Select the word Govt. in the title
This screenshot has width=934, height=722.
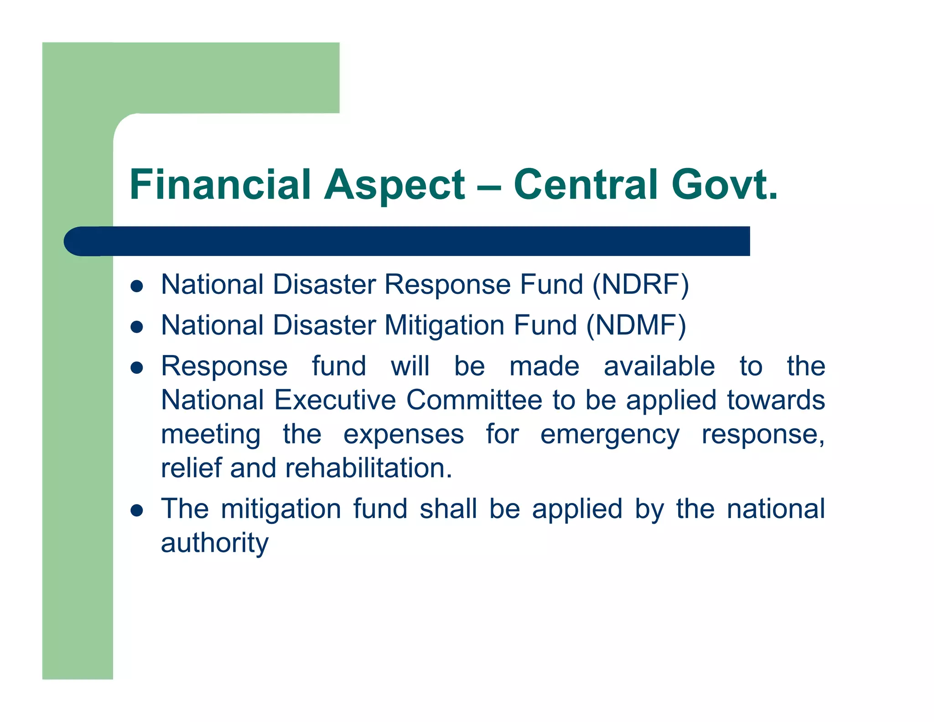pyautogui.click(x=724, y=185)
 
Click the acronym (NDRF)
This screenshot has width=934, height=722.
pyautogui.click(x=640, y=285)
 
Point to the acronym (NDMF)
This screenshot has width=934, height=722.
pyautogui.click(x=636, y=326)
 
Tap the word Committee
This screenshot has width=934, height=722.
pyautogui.click(x=474, y=400)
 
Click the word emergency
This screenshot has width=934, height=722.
pyautogui.click(x=610, y=434)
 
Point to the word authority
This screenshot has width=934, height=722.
pyautogui.click(x=215, y=543)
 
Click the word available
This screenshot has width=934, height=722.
pyautogui.click(x=659, y=366)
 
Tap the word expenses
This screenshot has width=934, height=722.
pyautogui.click(x=403, y=434)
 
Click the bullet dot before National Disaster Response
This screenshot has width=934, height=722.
pyautogui.click(x=137, y=286)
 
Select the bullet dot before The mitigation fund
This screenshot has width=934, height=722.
pyautogui.click(x=137, y=510)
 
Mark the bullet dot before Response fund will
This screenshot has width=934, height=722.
pyautogui.click(x=137, y=368)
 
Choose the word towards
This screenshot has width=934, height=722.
pyautogui.click(x=775, y=400)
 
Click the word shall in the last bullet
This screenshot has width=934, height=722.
pyautogui.click(x=448, y=509)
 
